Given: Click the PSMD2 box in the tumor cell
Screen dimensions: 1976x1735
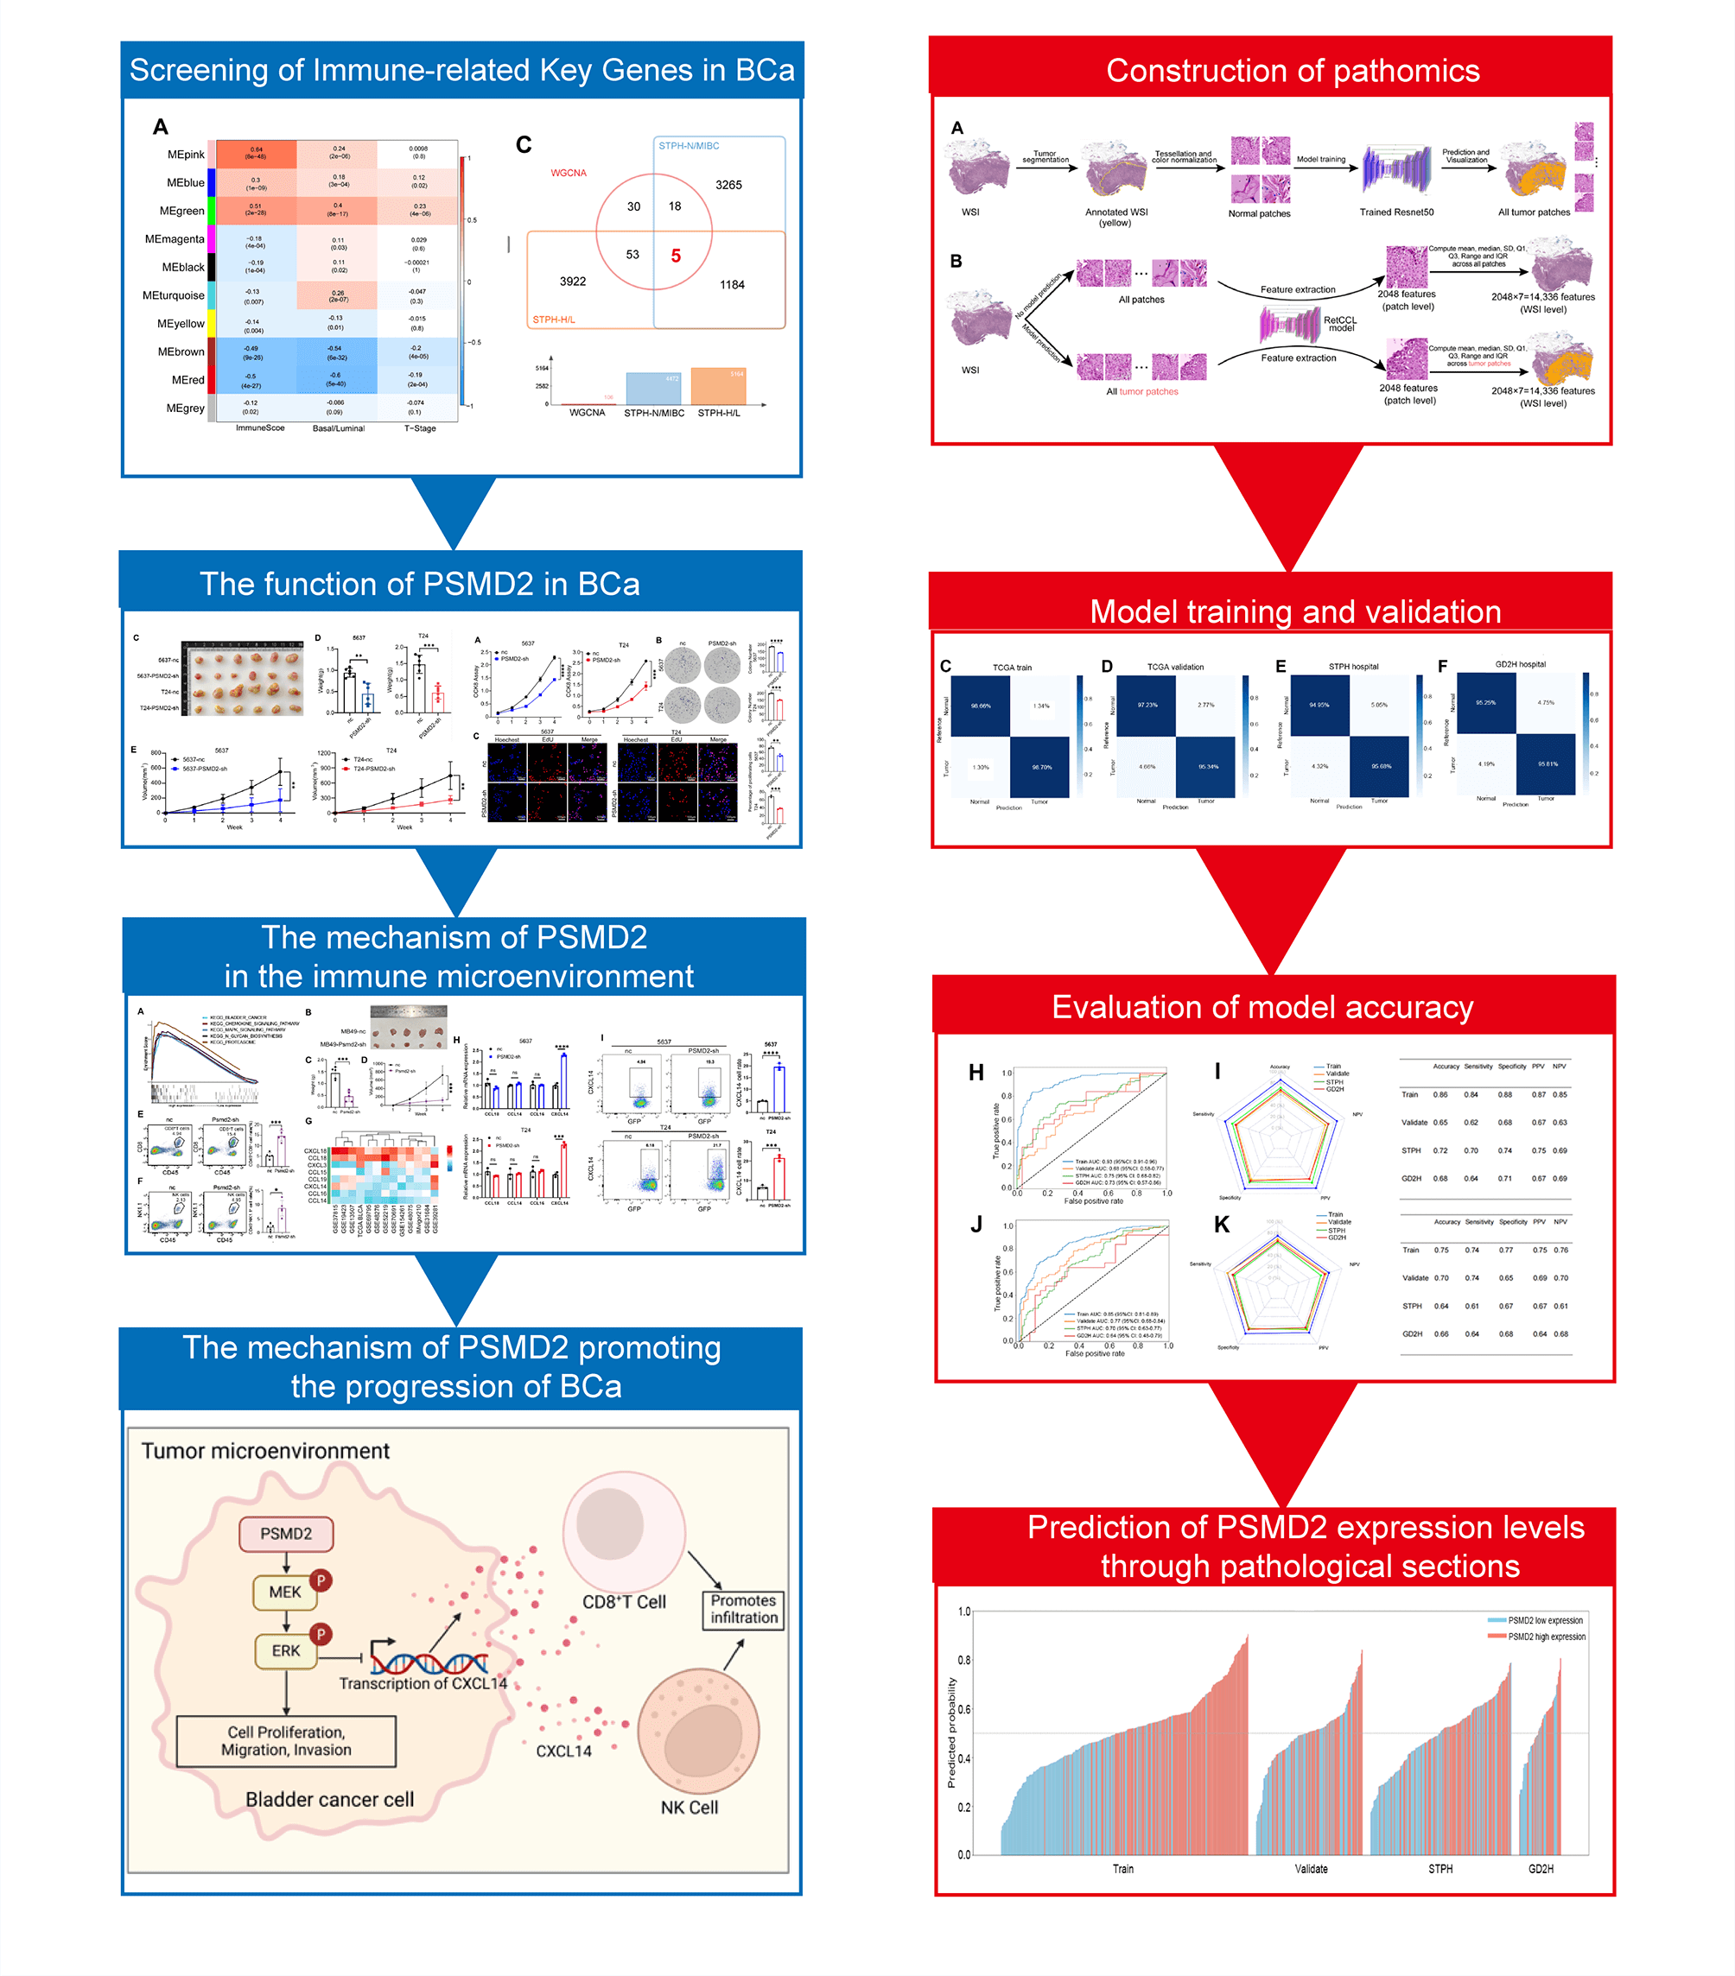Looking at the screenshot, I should pos(286,1533).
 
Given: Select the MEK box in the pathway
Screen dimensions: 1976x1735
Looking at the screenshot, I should pos(285,1591).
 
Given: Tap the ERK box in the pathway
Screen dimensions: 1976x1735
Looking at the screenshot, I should pos(285,1650).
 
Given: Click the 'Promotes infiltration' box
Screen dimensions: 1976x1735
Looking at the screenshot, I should pos(744,1609).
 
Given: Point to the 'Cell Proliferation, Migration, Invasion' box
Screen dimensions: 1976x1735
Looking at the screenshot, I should pos(286,1740).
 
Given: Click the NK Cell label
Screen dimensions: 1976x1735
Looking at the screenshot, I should pos(690,1807).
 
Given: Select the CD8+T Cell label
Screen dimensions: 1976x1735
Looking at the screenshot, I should pos(624,1602).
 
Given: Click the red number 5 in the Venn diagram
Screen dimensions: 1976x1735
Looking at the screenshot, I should pos(676,256).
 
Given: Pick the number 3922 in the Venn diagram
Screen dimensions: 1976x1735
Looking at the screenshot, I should pos(573,282).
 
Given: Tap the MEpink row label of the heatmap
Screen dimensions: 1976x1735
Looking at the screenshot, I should pos(186,155).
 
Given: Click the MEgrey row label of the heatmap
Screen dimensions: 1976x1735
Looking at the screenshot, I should pos(185,408).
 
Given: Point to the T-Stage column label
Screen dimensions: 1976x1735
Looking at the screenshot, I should pos(420,428).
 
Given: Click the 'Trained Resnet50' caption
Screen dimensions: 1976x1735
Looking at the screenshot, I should pos(1396,212).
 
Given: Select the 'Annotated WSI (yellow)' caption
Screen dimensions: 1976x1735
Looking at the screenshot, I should pos(1116,217).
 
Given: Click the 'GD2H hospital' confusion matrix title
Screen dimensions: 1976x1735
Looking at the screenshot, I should pos(1521,664).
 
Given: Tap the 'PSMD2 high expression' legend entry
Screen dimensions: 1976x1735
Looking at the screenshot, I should pos(1546,1637).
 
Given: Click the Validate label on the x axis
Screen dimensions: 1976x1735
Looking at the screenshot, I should pos(1311,1869).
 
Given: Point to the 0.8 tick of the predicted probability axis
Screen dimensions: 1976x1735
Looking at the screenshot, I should pos(964,1660).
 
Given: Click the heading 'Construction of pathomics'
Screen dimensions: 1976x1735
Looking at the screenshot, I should pos(1292,71).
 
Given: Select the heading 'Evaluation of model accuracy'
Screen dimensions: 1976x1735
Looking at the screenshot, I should pos(1262,1007).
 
